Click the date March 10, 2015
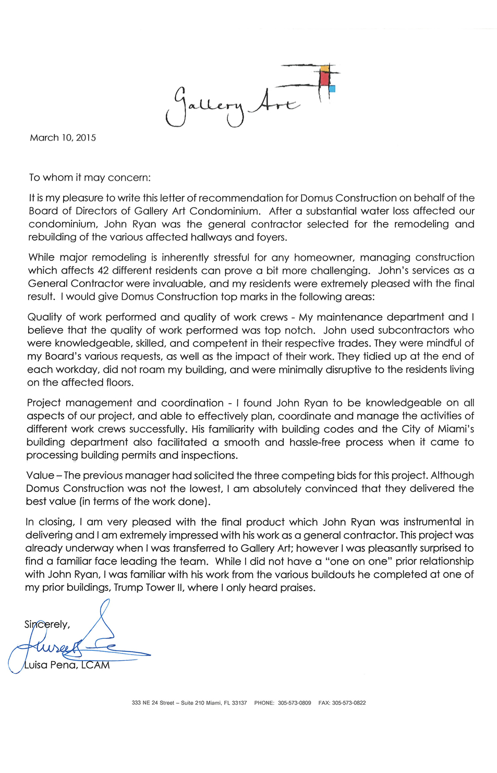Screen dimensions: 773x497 pos(63,138)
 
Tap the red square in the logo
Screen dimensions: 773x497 pos(325,78)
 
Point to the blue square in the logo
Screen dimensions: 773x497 pos(332,89)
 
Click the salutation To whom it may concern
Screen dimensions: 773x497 pos(90,178)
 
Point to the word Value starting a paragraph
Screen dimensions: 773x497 pos(40,476)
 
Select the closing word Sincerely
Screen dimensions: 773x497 pos(47,625)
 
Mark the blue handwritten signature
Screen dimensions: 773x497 pos(78,645)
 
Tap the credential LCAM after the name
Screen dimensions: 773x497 pos(95,665)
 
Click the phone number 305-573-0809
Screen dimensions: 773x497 pos(294,703)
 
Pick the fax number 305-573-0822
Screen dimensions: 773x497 pos(349,703)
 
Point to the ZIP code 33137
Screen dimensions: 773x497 pos(239,703)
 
